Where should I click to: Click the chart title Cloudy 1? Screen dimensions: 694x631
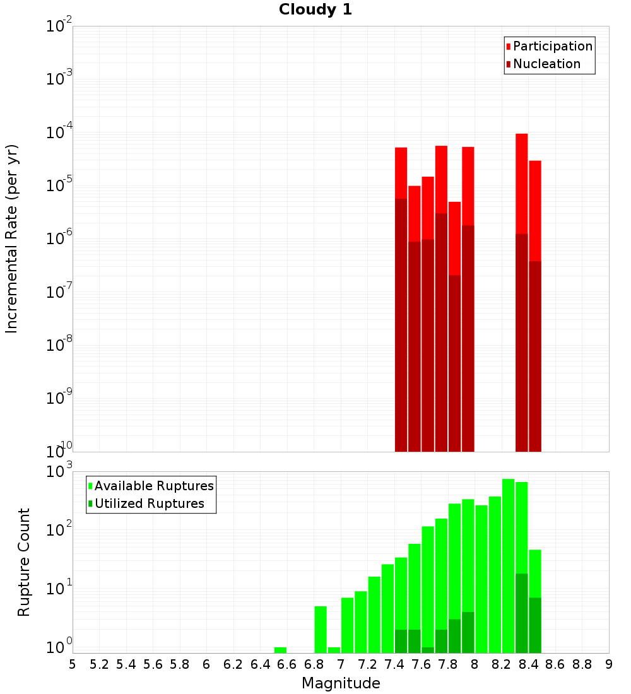click(x=315, y=9)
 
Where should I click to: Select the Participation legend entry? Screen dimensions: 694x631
click(x=552, y=46)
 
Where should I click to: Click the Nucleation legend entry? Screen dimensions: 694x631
click(x=546, y=64)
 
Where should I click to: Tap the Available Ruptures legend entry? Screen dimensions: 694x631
click(x=153, y=486)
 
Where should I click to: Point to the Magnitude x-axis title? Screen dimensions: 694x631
click(x=341, y=683)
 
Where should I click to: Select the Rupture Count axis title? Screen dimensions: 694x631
click(x=24, y=562)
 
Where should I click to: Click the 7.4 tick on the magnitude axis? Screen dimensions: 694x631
click(x=394, y=664)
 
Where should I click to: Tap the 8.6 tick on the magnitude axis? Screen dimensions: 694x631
click(x=555, y=664)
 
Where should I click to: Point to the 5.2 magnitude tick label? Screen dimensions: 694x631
click(x=100, y=664)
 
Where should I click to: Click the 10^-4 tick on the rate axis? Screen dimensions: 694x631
click(x=59, y=133)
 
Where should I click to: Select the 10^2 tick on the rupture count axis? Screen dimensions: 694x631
click(x=59, y=530)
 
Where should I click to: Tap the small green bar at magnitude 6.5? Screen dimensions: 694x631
click(x=280, y=650)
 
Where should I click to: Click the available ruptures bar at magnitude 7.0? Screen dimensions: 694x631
click(x=347, y=625)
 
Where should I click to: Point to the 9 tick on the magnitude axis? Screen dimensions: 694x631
click(x=609, y=664)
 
